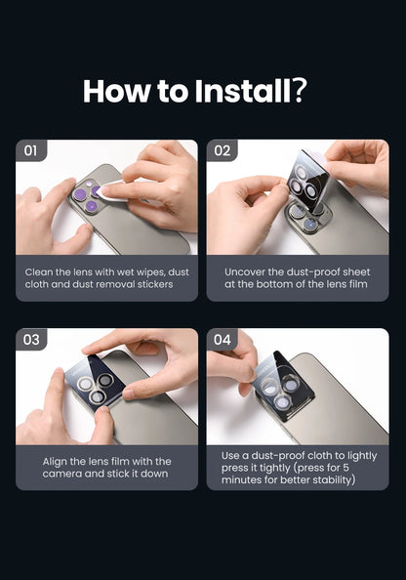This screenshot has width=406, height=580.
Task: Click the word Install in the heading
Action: coord(243,91)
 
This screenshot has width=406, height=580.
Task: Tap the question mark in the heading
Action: coord(300,91)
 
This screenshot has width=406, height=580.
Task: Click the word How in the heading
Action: coord(116,91)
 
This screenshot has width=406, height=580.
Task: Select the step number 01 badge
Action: coord(31,150)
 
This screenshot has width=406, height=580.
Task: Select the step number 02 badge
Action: coord(222,150)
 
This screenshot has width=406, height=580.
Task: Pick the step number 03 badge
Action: coord(31,340)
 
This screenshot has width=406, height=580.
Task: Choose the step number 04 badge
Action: coord(222,340)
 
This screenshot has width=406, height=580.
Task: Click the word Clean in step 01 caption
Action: coord(39,272)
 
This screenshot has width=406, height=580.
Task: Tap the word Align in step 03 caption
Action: coord(55,462)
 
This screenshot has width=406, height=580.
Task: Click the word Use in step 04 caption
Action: coord(229,456)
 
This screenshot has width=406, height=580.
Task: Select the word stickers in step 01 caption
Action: coord(155,284)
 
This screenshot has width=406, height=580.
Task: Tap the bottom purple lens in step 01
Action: coord(91,207)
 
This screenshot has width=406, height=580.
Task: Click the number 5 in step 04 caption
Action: coord(345,468)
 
